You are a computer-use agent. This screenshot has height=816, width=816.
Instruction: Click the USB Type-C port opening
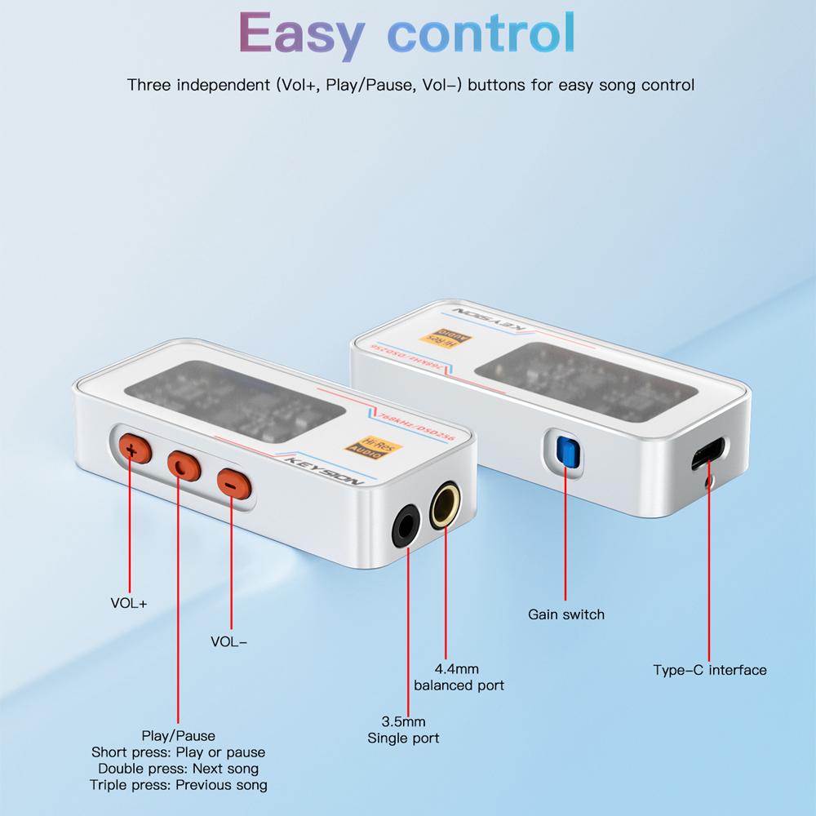[x=707, y=455]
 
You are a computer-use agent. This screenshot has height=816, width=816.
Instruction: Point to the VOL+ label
[x=129, y=604]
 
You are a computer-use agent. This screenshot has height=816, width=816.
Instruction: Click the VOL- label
[x=228, y=641]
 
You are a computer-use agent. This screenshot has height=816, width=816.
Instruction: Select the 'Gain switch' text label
[x=566, y=614]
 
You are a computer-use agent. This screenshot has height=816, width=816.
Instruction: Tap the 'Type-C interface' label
[x=709, y=670]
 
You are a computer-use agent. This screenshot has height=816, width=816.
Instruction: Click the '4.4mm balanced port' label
[x=459, y=676]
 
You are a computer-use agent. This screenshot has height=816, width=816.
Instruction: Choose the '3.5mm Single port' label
[x=403, y=730]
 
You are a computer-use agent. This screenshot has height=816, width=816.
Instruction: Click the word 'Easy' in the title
[x=301, y=34]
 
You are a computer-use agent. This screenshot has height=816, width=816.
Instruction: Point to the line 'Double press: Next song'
[x=178, y=769]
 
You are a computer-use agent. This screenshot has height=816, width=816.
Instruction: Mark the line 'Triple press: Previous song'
[x=178, y=785]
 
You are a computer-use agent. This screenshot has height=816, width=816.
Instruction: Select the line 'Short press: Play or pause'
[x=178, y=752]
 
